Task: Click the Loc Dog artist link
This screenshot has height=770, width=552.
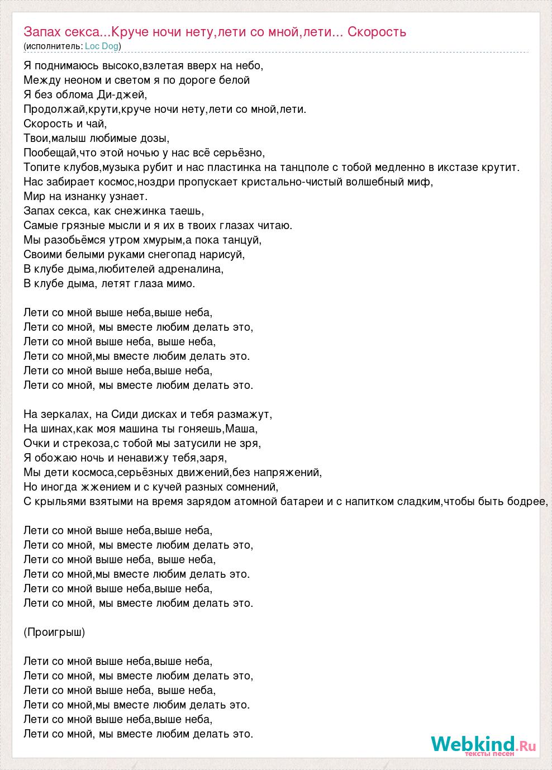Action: tap(102, 46)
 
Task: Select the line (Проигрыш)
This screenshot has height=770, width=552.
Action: tap(54, 633)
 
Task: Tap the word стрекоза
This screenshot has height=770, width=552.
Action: tap(86, 444)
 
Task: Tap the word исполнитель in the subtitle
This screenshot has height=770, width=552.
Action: tap(54, 46)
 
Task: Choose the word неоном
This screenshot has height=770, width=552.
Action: tap(78, 80)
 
